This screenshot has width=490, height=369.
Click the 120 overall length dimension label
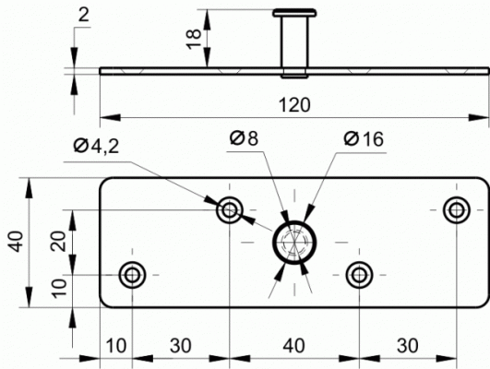[294, 105]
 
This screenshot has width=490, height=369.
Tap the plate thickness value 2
[83, 15]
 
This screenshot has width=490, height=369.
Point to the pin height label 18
[194, 39]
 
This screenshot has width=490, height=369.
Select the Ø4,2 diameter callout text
[97, 146]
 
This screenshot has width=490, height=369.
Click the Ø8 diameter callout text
[244, 138]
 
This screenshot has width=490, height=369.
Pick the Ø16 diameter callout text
[364, 138]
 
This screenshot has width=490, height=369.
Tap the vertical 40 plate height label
[17, 241]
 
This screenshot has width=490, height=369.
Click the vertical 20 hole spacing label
[59, 241]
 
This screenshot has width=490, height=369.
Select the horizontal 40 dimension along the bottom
[293, 346]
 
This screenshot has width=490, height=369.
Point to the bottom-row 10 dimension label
[116, 346]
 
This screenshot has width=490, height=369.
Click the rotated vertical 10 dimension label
[59, 288]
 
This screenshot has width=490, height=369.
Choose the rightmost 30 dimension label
[408, 346]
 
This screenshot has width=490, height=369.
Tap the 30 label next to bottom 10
[181, 346]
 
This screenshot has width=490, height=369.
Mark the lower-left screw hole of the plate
[132, 275]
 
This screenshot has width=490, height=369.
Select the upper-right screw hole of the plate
[457, 210]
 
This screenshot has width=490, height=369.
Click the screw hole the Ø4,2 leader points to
[230, 210]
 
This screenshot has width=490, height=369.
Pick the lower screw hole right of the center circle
[359, 275]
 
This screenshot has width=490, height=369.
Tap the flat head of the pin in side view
[294, 13]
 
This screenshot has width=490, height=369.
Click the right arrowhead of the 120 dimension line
[478, 118]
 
